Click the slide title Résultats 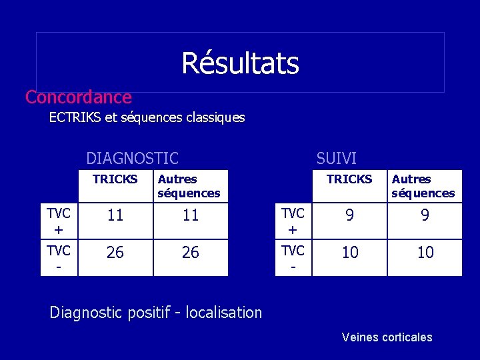click(x=240, y=63)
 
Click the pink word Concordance click(x=79, y=97)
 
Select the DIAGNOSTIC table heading click(x=132, y=159)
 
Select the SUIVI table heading click(x=336, y=159)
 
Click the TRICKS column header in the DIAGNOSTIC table click(x=115, y=179)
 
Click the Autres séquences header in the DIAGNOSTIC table click(x=189, y=186)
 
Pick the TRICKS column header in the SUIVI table click(x=349, y=179)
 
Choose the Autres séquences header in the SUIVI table click(x=423, y=186)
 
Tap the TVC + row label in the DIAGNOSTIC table click(x=59, y=221)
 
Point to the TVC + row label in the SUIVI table click(x=293, y=221)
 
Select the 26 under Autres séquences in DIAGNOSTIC click(x=191, y=253)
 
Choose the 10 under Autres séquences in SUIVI click(x=425, y=253)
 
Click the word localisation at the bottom click(x=224, y=313)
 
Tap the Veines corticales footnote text click(x=387, y=337)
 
